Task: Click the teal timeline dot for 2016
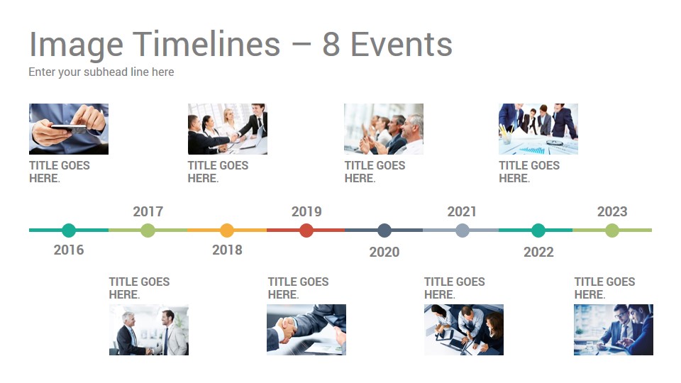tap(69, 230)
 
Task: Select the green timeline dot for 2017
tap(148, 230)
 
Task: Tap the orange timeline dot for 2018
tap(227, 230)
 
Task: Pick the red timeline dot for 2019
tap(306, 230)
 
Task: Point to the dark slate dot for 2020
tap(384, 230)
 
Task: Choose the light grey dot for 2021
tap(463, 230)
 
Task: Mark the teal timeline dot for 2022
tap(538, 230)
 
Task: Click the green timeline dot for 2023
tap(612, 230)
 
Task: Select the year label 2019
tap(306, 211)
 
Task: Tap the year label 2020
tap(384, 252)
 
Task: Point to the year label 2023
tap(612, 211)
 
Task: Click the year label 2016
tap(69, 250)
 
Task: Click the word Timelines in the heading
tap(206, 44)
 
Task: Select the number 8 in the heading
tap(331, 44)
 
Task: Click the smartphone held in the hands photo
tap(69, 128)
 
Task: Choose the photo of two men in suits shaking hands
tap(148, 330)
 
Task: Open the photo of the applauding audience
tap(384, 129)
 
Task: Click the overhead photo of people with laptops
tap(464, 330)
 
